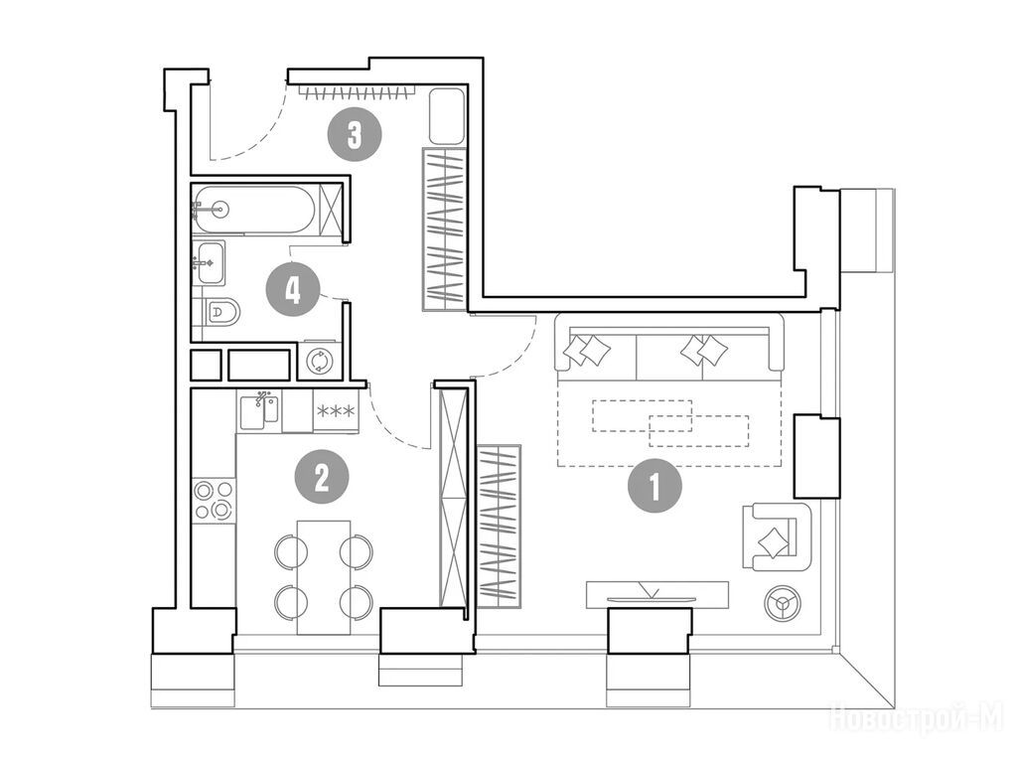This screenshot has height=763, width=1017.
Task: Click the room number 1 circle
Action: (654, 486)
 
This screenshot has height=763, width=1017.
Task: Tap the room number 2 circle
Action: (322, 477)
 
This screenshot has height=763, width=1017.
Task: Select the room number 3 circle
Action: (355, 134)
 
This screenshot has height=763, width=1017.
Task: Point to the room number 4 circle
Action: (293, 289)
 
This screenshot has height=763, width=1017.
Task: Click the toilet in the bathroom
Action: (220, 313)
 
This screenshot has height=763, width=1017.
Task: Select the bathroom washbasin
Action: (210, 262)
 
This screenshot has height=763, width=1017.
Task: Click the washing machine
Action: (319, 361)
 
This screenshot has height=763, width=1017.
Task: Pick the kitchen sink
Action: (259, 409)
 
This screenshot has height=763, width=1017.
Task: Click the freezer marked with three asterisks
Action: (336, 410)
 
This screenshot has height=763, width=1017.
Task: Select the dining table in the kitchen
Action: (324, 577)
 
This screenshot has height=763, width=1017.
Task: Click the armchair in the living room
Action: (777, 536)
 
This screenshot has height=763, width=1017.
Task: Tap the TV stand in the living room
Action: (657, 594)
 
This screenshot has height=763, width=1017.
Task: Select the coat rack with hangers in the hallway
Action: (359, 91)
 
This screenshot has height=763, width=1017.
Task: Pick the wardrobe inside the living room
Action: (499, 527)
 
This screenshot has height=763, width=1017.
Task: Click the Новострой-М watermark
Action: (917, 717)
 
